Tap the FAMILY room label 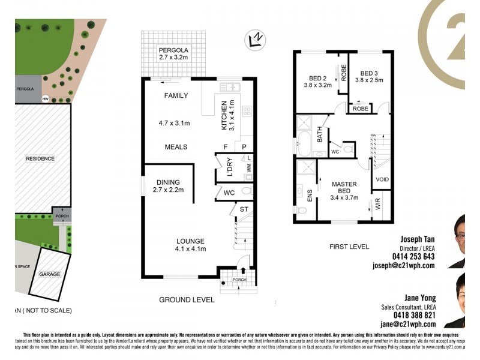pyautogui.click(x=176, y=95)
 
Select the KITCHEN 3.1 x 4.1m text pyautogui.click(x=228, y=115)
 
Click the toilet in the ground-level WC pyautogui.click(x=245, y=191)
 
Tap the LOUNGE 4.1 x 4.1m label pyautogui.click(x=190, y=245)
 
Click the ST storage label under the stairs pyautogui.click(x=244, y=209)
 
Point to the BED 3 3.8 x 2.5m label pyautogui.click(x=368, y=76)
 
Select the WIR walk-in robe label pyautogui.click(x=378, y=204)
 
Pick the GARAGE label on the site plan pyautogui.click(x=50, y=274)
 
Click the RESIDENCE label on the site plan pyautogui.click(x=40, y=159)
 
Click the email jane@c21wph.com pyautogui.click(x=412, y=323)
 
